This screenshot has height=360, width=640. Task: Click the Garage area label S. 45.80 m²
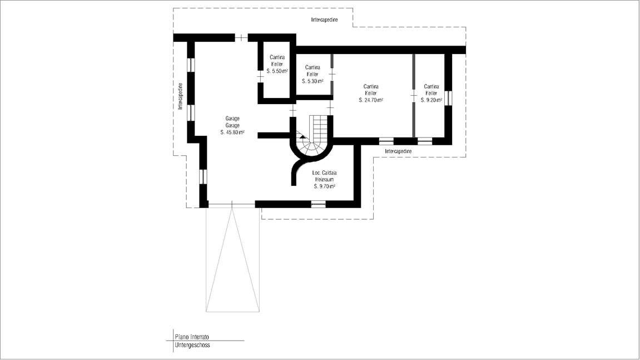pyautogui.click(x=232, y=132)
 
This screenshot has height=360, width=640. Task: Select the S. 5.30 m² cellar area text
pyautogui.click(x=312, y=81)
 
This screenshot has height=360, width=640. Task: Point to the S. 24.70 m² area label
pyautogui.click(x=371, y=100)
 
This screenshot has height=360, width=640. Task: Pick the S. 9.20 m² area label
pyautogui.click(x=431, y=100)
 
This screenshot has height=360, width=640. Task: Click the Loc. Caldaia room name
pyautogui.click(x=325, y=173)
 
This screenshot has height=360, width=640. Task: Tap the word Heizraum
pyautogui.click(x=325, y=179)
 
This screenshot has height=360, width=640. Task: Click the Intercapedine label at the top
pyautogui.click(x=325, y=19)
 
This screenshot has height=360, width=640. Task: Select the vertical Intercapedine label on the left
pyautogui.click(x=180, y=96)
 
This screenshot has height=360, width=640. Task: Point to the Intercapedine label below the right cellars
pyautogui.click(x=398, y=151)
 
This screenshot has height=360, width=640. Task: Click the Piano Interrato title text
pyautogui.click(x=192, y=337)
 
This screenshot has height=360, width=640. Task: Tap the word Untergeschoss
pyautogui.click(x=192, y=345)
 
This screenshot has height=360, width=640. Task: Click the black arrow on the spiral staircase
pyautogui.click(x=302, y=137)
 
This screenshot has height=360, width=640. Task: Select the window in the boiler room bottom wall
pyautogui.click(x=319, y=204)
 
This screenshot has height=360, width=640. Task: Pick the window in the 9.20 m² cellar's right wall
pyautogui.click(x=448, y=98)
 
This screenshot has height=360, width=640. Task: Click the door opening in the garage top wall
pyautogui.click(x=242, y=38)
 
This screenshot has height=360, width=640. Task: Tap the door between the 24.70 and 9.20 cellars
pyautogui.click(x=414, y=96)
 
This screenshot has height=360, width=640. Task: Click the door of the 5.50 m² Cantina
pyautogui.click(x=260, y=76)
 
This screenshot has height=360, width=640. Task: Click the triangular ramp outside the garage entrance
pyautogui.click(x=232, y=260)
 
